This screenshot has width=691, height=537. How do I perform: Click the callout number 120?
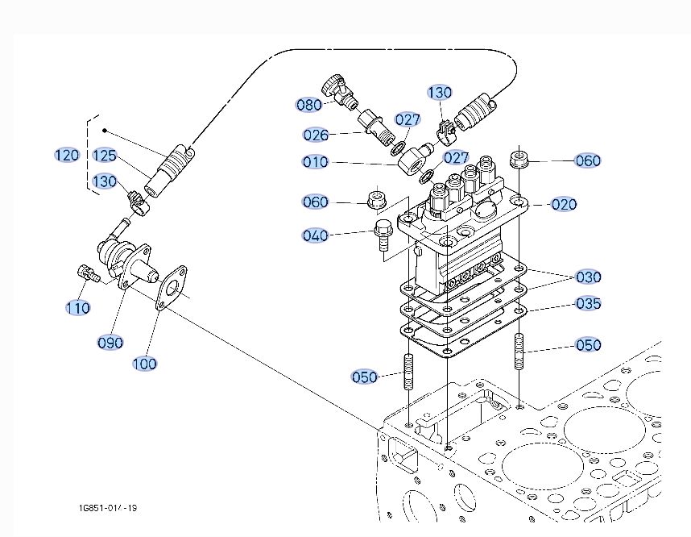point(67,155)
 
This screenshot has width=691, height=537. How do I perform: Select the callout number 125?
point(105,155)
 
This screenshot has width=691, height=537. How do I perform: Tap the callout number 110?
point(78,307)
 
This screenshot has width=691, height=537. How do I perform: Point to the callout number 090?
point(110,342)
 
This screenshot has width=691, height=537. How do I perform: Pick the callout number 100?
point(145,364)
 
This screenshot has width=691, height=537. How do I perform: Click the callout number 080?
point(309,104)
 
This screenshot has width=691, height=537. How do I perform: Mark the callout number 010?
point(316,162)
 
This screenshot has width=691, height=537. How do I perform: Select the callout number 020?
point(564,204)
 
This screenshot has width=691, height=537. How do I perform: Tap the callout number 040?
point(316,235)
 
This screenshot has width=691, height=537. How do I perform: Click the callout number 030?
point(588,277)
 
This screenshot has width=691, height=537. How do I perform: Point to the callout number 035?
point(588,303)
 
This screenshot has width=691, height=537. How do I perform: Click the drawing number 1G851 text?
point(107,509)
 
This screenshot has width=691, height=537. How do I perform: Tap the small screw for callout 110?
point(85,273)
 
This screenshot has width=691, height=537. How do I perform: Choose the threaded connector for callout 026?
point(376,127)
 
